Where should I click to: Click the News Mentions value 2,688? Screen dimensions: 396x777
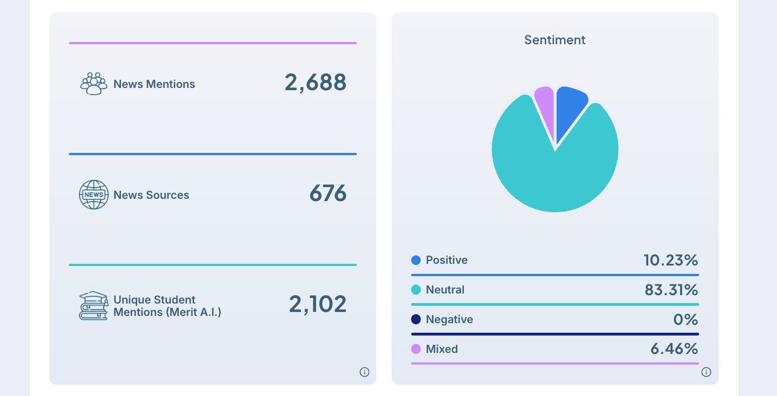click(x=315, y=82)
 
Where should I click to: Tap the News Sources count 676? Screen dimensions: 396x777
click(x=328, y=194)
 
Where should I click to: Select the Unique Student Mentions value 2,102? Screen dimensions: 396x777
click(x=318, y=304)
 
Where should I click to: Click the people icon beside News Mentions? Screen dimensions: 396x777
click(x=94, y=83)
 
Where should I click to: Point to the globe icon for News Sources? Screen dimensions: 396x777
click(x=94, y=194)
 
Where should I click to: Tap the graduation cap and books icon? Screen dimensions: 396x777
click(x=93, y=305)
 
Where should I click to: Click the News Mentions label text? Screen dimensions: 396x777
click(x=154, y=84)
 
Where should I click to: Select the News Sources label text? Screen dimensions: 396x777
click(x=151, y=195)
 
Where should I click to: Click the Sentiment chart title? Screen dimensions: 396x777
click(x=555, y=40)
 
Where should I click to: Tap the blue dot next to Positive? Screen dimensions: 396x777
click(x=416, y=260)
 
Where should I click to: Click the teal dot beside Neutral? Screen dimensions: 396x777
click(x=416, y=290)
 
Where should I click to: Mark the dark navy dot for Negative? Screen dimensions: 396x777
click(x=416, y=319)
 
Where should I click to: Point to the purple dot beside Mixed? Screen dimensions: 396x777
click(x=416, y=349)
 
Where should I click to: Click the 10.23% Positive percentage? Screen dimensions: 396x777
click(x=671, y=260)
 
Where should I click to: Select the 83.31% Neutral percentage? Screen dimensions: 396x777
click(x=671, y=290)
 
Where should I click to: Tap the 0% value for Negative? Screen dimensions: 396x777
click(x=686, y=319)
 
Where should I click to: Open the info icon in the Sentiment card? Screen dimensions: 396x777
click(x=706, y=372)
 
